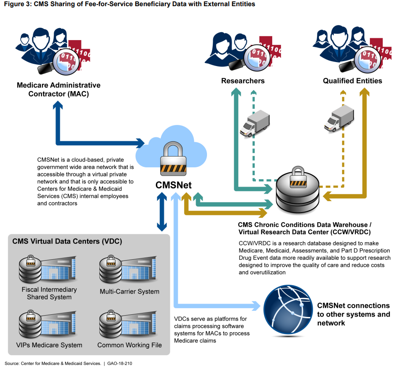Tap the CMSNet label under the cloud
tap(173, 185)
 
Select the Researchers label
tap(243, 81)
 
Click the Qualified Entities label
tap(352, 81)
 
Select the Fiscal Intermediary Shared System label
tap(49, 293)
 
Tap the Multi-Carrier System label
tap(129, 291)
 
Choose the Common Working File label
tap(129, 345)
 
